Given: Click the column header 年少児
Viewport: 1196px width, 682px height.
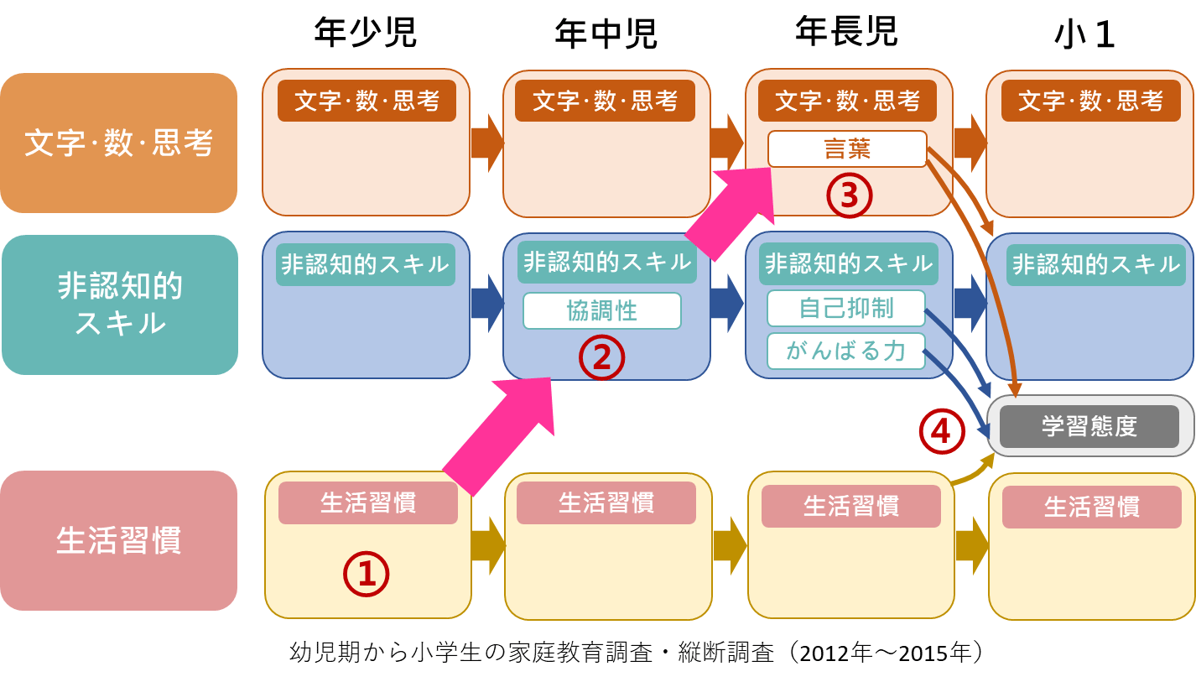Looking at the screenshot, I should coord(365,33).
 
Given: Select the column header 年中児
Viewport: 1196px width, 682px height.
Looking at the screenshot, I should coord(606,34).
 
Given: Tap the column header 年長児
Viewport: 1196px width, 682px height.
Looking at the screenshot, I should coord(846,32).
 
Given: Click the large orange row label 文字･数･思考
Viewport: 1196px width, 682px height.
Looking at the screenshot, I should coord(118,143).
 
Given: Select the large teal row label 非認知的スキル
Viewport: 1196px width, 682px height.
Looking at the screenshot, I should coord(120,305).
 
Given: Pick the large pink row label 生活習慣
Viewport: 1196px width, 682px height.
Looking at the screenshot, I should coord(118,540).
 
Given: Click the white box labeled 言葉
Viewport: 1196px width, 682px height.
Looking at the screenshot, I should coord(847,149).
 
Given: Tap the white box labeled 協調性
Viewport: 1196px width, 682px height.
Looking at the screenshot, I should coord(601,310).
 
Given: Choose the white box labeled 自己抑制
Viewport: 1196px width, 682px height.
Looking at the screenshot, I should coord(845,308).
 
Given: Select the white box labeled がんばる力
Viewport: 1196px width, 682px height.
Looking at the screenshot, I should coord(845,351).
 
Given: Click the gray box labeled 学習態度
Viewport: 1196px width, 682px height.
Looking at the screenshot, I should coord(1089,426).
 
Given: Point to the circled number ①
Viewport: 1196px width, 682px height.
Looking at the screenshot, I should coord(367,574).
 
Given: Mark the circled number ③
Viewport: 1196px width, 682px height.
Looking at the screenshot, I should coord(850,195).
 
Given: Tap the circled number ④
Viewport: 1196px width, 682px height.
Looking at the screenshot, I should coord(942,430).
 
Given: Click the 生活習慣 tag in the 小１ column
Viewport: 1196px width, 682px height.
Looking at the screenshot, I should coord(1091,507).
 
